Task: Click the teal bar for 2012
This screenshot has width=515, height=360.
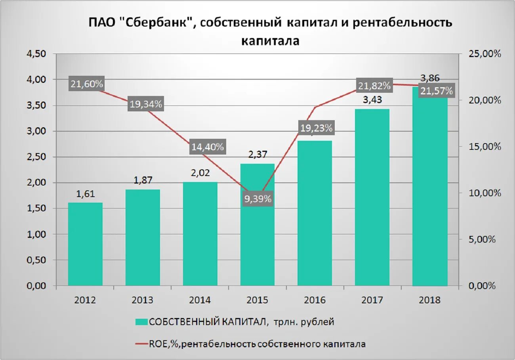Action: click(85, 244)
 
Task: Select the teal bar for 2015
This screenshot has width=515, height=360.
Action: click(257, 238)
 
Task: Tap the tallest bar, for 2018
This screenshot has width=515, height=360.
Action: click(430, 190)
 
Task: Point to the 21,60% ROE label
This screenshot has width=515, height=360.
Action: click(87, 84)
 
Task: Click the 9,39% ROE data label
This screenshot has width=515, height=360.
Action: click(258, 199)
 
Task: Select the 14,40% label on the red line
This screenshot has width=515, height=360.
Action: click(208, 147)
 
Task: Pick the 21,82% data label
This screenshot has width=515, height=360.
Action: click(374, 86)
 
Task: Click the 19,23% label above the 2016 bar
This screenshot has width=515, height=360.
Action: click(316, 128)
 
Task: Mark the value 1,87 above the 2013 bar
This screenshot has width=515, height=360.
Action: click(143, 181)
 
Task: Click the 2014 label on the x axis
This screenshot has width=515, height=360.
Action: click(200, 300)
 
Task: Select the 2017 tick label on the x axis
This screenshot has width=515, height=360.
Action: click(372, 300)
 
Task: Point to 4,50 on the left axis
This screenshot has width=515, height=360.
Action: click(36, 54)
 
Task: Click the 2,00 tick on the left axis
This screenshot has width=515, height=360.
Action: click(36, 183)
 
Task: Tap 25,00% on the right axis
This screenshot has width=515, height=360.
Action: click(484, 54)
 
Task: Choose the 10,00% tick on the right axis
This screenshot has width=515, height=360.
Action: click(484, 193)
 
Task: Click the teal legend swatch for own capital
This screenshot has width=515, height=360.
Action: click(141, 322)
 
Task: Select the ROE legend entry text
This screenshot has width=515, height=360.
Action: click(257, 344)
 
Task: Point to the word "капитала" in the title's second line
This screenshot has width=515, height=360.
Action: click(270, 40)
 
